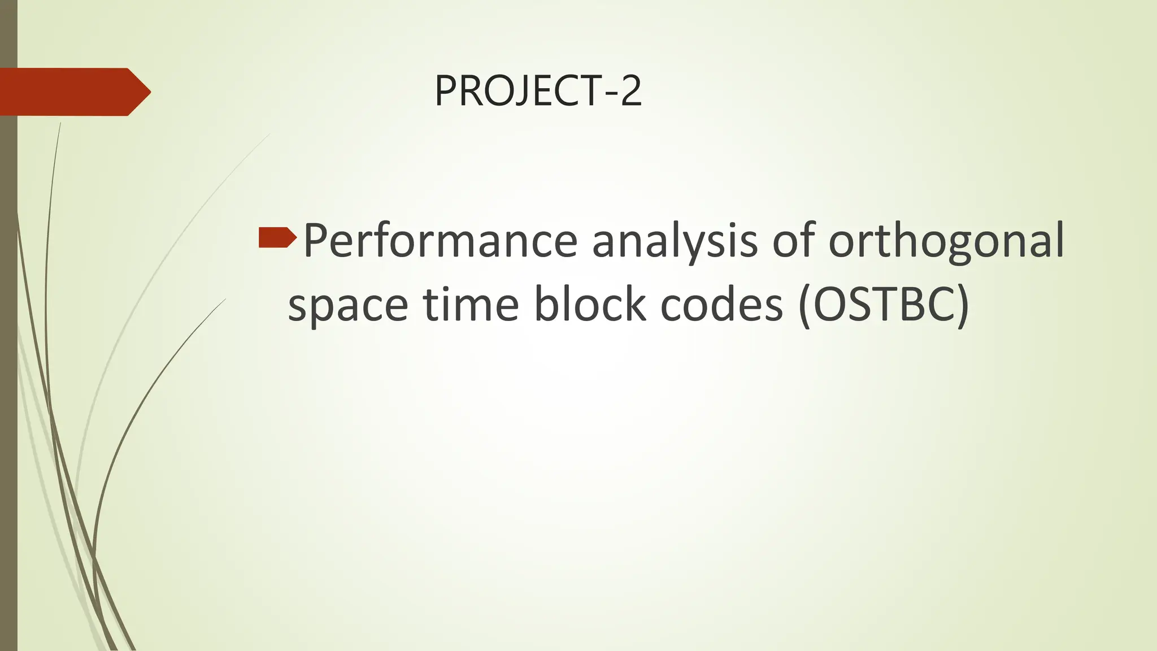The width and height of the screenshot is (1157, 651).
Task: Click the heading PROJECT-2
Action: click(x=538, y=92)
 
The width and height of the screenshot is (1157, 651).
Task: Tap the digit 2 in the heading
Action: click(x=630, y=92)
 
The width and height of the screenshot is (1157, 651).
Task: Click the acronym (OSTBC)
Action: click(x=884, y=305)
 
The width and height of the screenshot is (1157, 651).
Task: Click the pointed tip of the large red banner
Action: click(x=147, y=92)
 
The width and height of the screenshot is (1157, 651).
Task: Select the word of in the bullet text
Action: click(x=793, y=241)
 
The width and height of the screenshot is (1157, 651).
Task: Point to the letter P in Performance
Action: click(x=315, y=240)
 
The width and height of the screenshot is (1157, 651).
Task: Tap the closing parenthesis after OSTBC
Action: click(x=962, y=306)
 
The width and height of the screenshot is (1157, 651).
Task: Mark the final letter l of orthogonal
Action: click(x=1059, y=240)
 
